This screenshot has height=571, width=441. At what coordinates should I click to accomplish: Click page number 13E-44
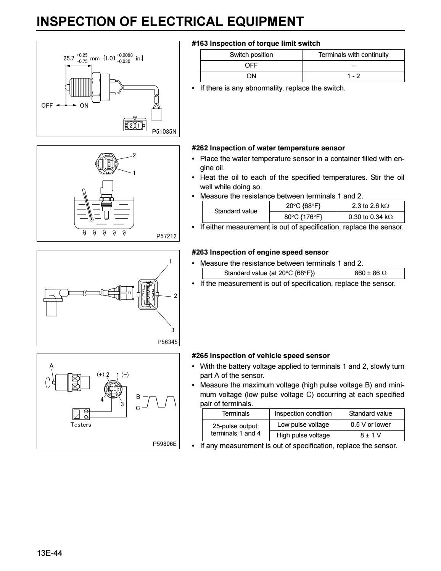(49, 553)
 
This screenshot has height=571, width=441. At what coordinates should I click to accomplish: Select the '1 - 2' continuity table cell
(353, 76)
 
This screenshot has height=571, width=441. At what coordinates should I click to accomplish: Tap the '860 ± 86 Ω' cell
(370, 273)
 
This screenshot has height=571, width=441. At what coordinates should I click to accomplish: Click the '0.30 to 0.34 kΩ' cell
(370, 217)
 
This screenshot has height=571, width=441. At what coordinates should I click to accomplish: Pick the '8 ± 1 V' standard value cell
(370, 435)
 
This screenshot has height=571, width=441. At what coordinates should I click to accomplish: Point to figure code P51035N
(165, 132)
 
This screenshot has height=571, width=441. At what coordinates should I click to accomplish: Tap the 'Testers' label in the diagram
(81, 424)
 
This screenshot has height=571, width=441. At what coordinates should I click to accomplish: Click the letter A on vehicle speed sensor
(52, 366)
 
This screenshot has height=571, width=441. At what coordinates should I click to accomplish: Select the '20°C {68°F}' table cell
(303, 206)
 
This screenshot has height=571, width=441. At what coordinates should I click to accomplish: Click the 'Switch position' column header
(251, 55)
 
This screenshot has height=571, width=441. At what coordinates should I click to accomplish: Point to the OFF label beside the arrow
(47, 106)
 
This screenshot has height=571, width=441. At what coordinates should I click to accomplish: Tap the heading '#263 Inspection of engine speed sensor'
(260, 252)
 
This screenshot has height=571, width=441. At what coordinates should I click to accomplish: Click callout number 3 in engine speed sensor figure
(172, 330)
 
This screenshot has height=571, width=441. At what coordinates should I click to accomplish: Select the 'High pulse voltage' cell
(303, 435)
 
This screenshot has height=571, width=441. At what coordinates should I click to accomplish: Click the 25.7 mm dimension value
(69, 58)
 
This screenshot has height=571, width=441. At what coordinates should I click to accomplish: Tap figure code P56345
(167, 342)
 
